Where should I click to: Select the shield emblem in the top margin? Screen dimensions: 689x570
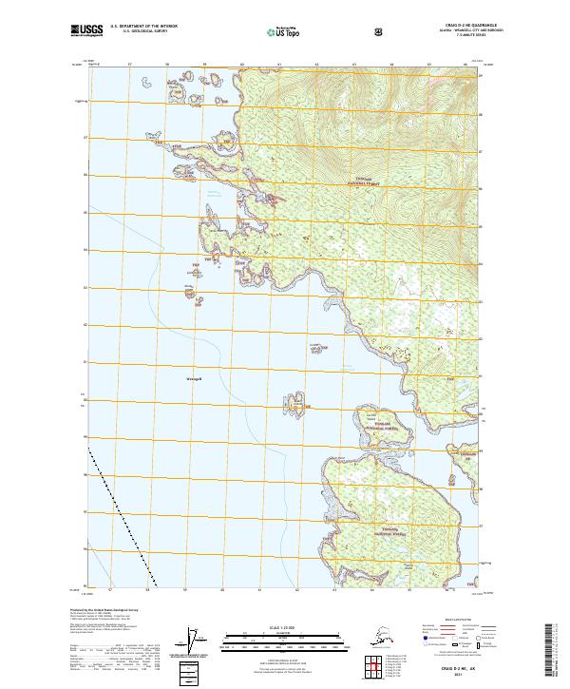pos(379,31)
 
